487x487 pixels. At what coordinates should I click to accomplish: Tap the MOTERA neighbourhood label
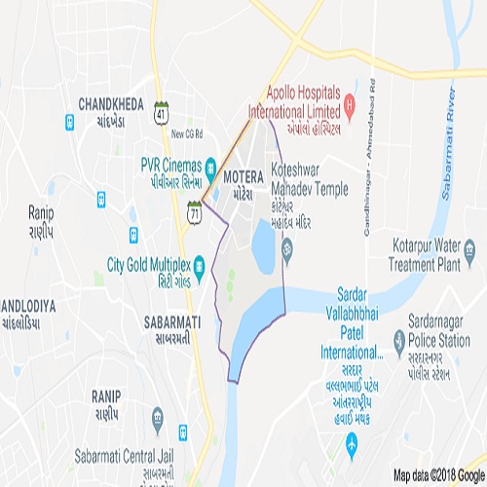pos(243,179)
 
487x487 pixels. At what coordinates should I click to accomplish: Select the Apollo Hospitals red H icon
pos(349,101)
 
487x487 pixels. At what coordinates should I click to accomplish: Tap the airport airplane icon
pos(353,445)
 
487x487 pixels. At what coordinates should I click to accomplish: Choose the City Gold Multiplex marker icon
pos(199,263)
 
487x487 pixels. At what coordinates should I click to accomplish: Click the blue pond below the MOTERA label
pos(263,244)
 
